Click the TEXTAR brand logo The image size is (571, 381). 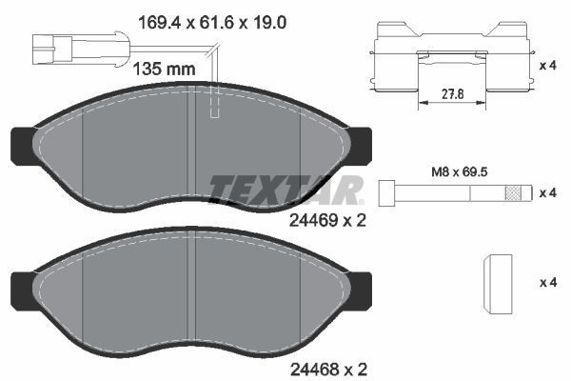point(286,189)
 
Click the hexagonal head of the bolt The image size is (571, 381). point(386,191)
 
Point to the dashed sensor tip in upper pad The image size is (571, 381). point(214,104)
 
